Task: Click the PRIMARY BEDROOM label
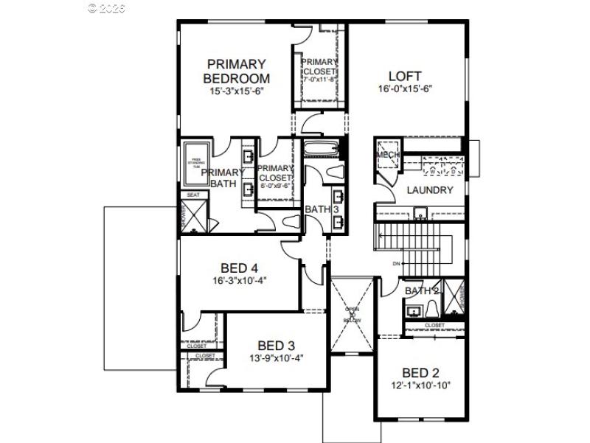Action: [236, 71]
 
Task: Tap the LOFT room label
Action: [405, 76]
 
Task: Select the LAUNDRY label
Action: [429, 190]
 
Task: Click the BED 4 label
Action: [239, 268]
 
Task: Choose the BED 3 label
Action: [276, 345]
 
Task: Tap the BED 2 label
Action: [420, 372]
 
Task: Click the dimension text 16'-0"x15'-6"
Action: [405, 88]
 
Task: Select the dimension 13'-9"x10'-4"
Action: [277, 358]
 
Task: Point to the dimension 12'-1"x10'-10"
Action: [420, 385]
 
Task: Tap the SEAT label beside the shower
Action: [193, 195]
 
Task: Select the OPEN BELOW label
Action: [352, 315]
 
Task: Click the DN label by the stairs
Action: [396, 263]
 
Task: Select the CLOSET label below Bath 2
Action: [434, 325]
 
